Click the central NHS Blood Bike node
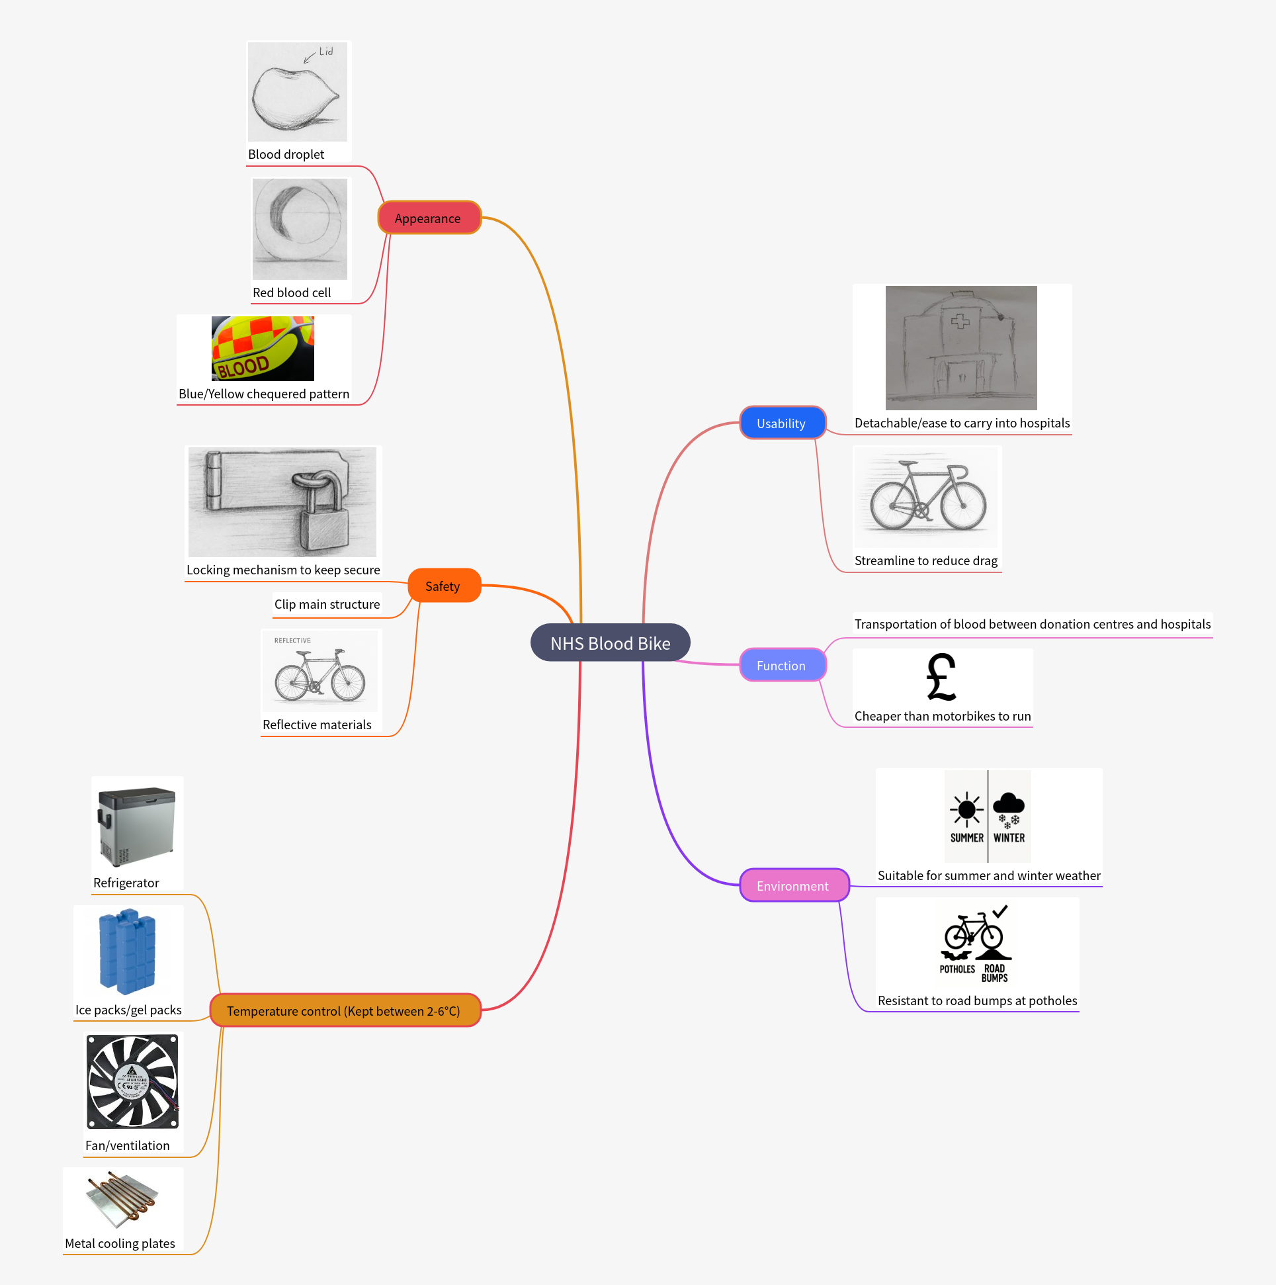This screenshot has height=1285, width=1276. click(610, 643)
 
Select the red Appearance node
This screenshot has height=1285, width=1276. click(429, 218)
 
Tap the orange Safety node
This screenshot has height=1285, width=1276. click(443, 586)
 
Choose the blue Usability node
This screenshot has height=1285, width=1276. click(782, 423)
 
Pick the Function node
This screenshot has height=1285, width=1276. click(782, 665)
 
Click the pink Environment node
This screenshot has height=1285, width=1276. click(793, 886)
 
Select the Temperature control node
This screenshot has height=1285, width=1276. click(345, 1011)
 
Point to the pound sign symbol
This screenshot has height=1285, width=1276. click(941, 677)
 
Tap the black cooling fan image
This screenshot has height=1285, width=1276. click(132, 1081)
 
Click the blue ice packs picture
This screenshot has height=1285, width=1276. click(127, 952)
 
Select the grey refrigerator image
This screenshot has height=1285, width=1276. click(136, 826)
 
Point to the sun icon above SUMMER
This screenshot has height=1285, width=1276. click(966, 809)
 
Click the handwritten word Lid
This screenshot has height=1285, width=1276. click(326, 51)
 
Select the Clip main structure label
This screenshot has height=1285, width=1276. click(327, 604)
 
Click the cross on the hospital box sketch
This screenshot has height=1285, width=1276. click(960, 322)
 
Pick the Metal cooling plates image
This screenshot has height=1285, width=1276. click(124, 1200)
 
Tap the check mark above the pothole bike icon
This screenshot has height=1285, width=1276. click(1000, 911)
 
